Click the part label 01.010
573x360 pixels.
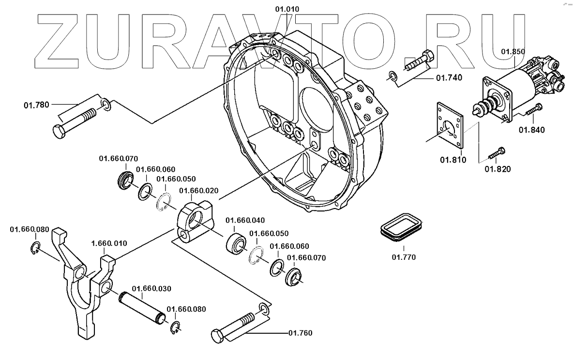tap(287, 9)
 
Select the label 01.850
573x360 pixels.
tap(512, 51)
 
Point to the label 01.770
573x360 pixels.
tap(404, 257)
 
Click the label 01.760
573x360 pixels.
tap(300, 333)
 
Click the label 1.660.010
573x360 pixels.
tap(109, 243)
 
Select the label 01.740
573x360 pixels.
tap(449, 77)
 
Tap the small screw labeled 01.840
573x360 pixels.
tap(533, 111)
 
